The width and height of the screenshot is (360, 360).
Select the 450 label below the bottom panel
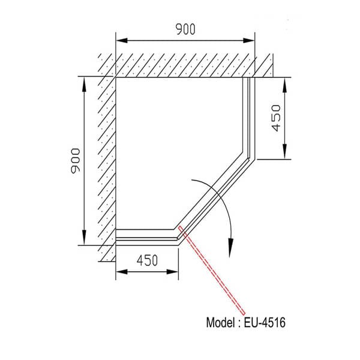click(147, 260)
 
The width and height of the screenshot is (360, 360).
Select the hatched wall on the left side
click(107, 162)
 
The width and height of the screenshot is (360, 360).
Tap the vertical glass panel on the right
click(249, 117)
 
